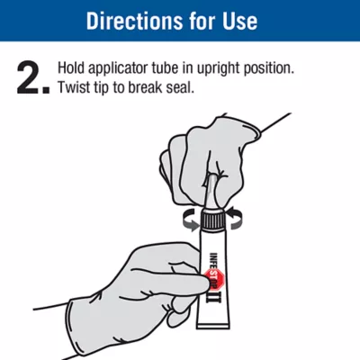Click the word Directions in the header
pos(134,21)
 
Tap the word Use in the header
pos(239,21)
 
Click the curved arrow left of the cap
pos(190,220)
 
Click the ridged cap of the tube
pos(212,217)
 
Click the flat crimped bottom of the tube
pos(214,326)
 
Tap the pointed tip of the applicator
pos(212,175)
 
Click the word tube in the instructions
pos(165,68)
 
